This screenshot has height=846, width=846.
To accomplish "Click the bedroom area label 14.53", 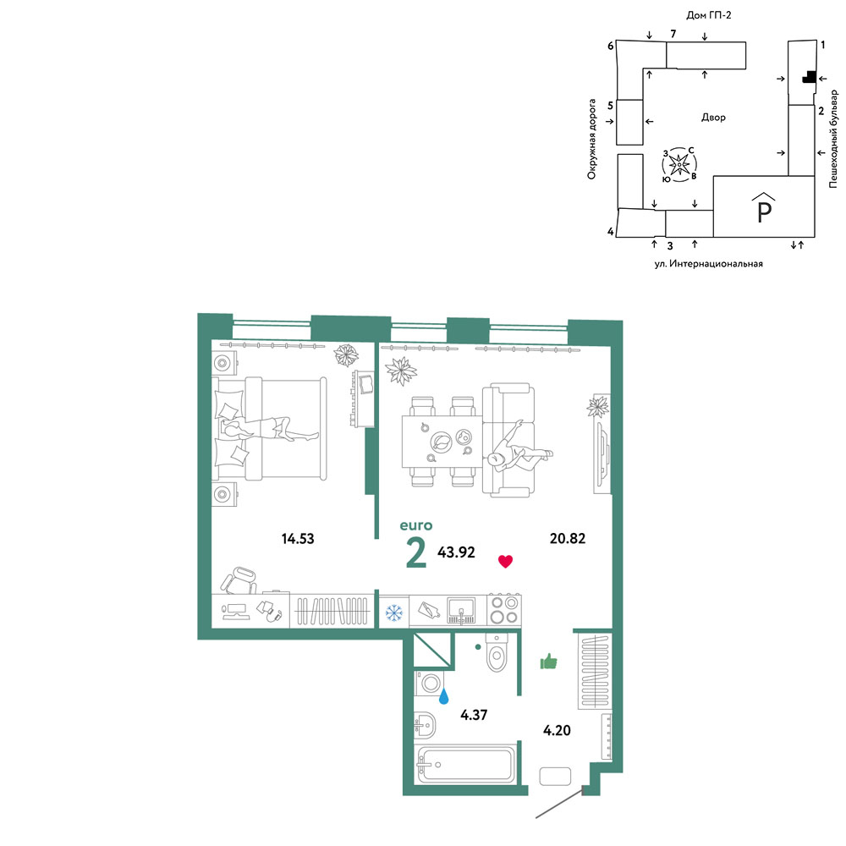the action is pos(298,538).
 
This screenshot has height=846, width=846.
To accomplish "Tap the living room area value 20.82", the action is pos(568,538).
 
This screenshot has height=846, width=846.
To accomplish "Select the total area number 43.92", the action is pos(457,552).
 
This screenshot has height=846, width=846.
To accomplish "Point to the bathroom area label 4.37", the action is pos(474,715).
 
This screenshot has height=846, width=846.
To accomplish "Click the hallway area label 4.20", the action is pos(557,730).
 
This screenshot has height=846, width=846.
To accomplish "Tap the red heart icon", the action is pos(505,562).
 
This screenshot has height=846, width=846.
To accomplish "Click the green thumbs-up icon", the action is pos(549,662).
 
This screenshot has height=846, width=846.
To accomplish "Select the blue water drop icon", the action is pos(443,696).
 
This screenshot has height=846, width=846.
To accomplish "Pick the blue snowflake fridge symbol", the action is pos(394,613).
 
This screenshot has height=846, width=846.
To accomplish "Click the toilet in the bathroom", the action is pos(497,652).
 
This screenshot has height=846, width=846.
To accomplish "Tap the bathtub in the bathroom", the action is pos(465,764).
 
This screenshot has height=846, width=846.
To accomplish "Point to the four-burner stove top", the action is pos(504,610).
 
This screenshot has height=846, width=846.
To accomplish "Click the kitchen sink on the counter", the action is pos(462,610).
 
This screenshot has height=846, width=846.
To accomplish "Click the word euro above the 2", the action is pos(416,525).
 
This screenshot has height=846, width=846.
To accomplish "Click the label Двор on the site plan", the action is pos(713,117).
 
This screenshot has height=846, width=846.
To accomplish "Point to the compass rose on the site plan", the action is pos(679,163).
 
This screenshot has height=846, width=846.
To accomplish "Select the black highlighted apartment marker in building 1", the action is pos(809,77).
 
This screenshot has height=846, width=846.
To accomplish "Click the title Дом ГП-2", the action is pos(708,15).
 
